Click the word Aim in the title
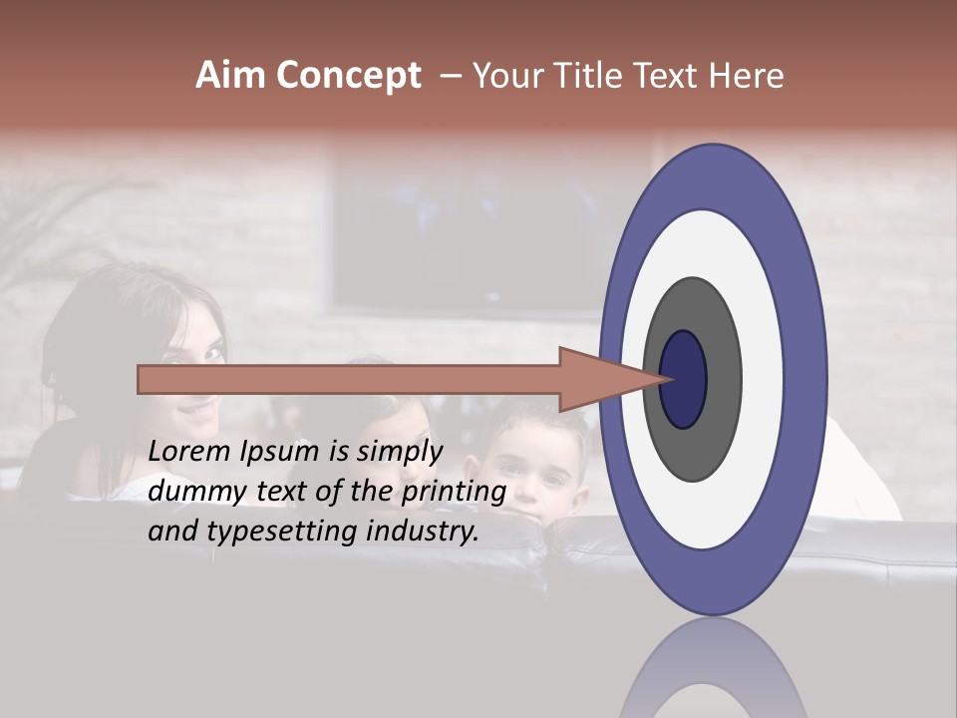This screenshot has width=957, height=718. pos(231,76)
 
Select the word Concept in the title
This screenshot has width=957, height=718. pos(349,76)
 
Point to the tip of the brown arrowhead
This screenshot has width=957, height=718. pos(666,379)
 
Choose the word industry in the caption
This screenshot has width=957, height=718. pos(418,532)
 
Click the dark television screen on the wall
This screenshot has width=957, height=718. pos(469,239)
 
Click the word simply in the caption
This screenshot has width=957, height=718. pos(399,452)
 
